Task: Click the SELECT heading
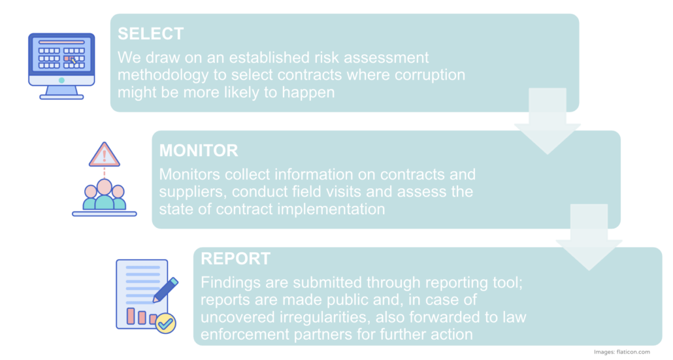151,34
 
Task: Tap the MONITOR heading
198,151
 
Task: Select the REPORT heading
236,259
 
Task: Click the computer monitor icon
61,66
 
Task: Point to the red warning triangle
105,154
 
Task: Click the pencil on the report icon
165,289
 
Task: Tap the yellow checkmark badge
166,323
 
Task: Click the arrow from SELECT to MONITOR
548,121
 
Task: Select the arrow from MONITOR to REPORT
589,237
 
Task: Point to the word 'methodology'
163,75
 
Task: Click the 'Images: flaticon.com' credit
622,352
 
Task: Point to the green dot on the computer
61,80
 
